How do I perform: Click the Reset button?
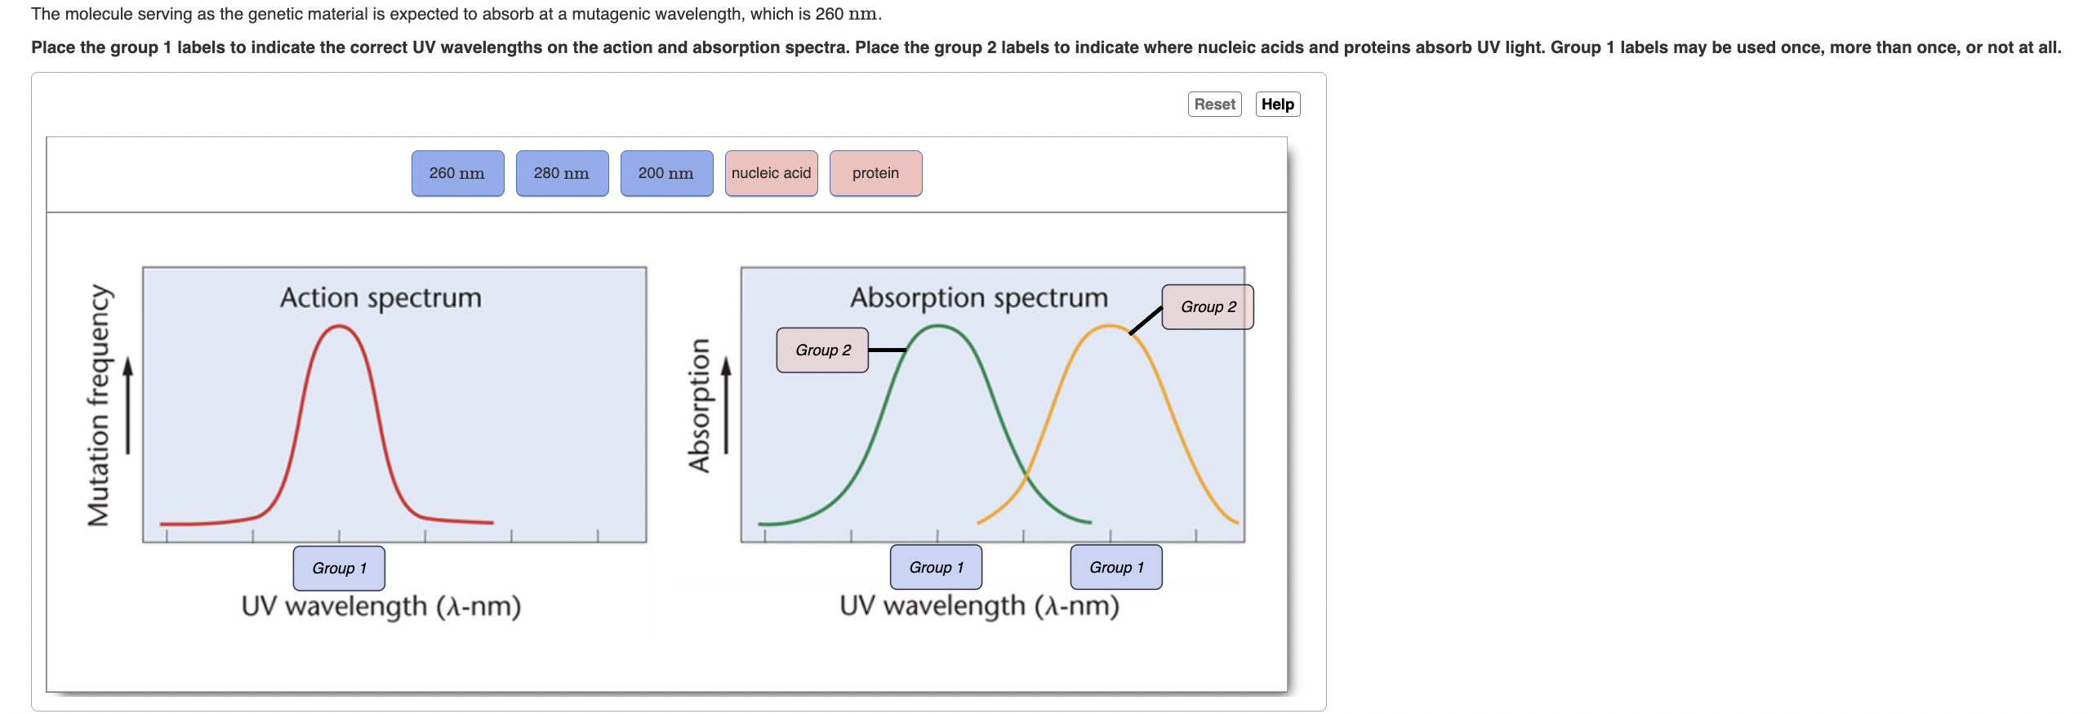coord(1214,105)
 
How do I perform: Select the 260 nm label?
coord(457,173)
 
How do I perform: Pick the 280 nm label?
coord(562,173)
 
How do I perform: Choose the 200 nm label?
coord(666,173)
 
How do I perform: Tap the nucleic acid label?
coord(771,173)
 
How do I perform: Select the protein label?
coord(875,173)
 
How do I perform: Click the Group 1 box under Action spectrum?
coord(339,568)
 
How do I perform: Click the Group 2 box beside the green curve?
coord(822,350)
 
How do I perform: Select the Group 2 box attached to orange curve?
coord(1208,307)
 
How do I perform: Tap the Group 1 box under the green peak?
coord(936,567)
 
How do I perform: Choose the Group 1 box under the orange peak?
coord(1116,567)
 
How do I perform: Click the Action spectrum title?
coord(381,297)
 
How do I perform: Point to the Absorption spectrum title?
coord(979,297)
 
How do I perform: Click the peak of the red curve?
coord(338,327)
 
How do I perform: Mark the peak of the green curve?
coord(939,327)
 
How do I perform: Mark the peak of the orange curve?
coord(1109,327)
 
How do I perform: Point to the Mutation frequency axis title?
coord(99,405)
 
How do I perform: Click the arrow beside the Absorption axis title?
coord(726,404)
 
